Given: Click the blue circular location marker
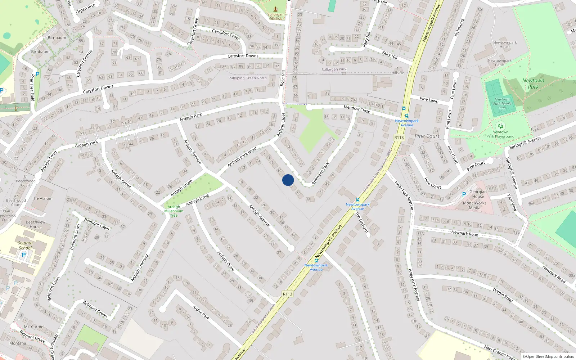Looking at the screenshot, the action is click(x=288, y=180).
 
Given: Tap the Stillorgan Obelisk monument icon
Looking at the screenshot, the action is click(x=275, y=9).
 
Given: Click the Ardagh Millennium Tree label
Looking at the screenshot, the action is click(x=174, y=211).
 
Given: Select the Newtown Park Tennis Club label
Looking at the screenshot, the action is click(x=502, y=104).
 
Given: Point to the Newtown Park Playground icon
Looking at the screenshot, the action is click(x=500, y=126).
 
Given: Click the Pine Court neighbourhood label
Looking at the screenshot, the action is click(x=427, y=136).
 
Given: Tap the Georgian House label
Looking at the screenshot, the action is click(x=478, y=194).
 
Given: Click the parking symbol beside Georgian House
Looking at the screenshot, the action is click(x=464, y=194).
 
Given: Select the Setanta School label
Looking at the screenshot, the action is click(x=25, y=245).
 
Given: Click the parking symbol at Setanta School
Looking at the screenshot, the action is click(x=24, y=255).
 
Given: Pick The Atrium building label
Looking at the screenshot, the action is click(x=42, y=198).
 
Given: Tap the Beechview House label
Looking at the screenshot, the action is click(x=36, y=224).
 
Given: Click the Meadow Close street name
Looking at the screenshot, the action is click(x=357, y=109).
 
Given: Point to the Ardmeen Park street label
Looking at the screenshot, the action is click(x=320, y=174).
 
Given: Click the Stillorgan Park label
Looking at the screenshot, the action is click(x=334, y=69).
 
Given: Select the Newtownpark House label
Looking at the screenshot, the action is click(x=505, y=45).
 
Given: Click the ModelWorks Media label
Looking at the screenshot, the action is click(x=474, y=205).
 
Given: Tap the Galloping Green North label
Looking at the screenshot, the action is click(x=248, y=78).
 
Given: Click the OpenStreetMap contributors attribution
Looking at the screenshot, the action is click(x=548, y=356).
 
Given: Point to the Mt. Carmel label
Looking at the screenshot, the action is click(x=34, y=327).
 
